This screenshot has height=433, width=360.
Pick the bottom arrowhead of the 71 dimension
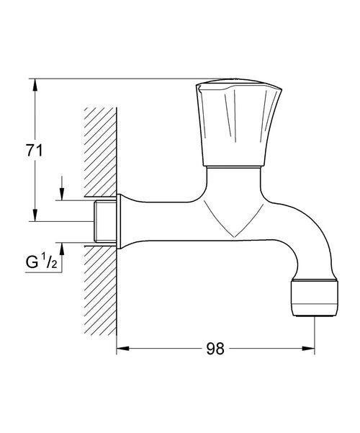tap(33, 216)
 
